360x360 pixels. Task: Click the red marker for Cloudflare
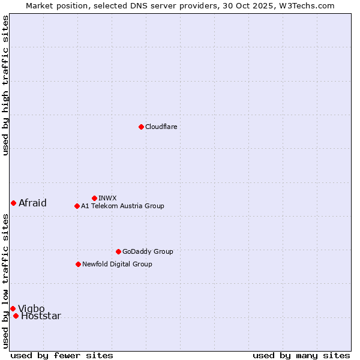pyautogui.click(x=141, y=127)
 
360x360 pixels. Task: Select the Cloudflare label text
pyautogui.click(x=161, y=127)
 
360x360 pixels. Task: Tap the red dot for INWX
pyautogui.click(x=94, y=198)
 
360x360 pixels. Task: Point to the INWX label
pyautogui.click(x=107, y=198)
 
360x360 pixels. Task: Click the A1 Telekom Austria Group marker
pyautogui.click(x=77, y=206)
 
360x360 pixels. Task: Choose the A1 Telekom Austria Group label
pyautogui.click(x=122, y=206)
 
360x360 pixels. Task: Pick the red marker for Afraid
pyautogui.click(x=13, y=203)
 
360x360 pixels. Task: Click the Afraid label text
pyautogui.click(x=32, y=203)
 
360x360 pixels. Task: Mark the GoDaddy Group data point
pyautogui.click(x=118, y=251)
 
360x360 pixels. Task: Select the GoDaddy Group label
pyautogui.click(x=148, y=251)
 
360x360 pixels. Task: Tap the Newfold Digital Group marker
pyautogui.click(x=78, y=264)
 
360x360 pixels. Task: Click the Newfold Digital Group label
pyautogui.click(x=117, y=264)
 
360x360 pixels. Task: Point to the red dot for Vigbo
pyautogui.click(x=13, y=308)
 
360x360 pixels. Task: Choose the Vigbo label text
pyautogui.click(x=31, y=309)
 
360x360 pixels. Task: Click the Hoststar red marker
pyautogui.click(x=16, y=316)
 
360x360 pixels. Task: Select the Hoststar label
pyautogui.click(x=41, y=316)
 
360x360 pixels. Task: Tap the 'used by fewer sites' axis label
pyautogui.click(x=62, y=355)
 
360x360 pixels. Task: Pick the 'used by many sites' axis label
pyautogui.click(x=301, y=355)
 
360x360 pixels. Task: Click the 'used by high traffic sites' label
pyautogui.click(x=5, y=85)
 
